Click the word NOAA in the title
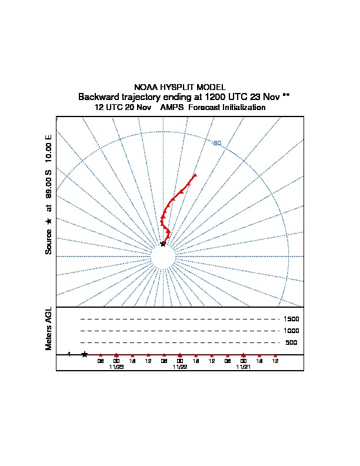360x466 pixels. pyautogui.click(x=146, y=87)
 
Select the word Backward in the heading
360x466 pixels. pyautogui.click(x=97, y=96)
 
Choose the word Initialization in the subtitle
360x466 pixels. pyautogui.click(x=244, y=108)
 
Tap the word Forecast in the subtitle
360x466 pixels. pyautogui.click(x=204, y=108)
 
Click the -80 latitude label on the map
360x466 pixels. pyautogui.click(x=217, y=143)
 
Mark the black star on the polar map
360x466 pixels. pyautogui.click(x=164, y=244)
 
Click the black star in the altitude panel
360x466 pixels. pyautogui.click(x=85, y=354)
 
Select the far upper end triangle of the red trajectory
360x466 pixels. pyautogui.click(x=195, y=175)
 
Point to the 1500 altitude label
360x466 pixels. pyautogui.click(x=291, y=319)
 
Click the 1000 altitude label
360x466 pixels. pyautogui.click(x=291, y=331)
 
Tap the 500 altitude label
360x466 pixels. pyautogui.click(x=291, y=343)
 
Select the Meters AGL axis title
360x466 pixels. pyautogui.click(x=49, y=328)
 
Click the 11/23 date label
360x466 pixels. pyautogui.click(x=116, y=367)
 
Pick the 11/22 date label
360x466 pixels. pyautogui.click(x=180, y=367)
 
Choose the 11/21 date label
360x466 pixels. pyautogui.click(x=244, y=367)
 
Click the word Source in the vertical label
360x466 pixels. pyautogui.click(x=49, y=241)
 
